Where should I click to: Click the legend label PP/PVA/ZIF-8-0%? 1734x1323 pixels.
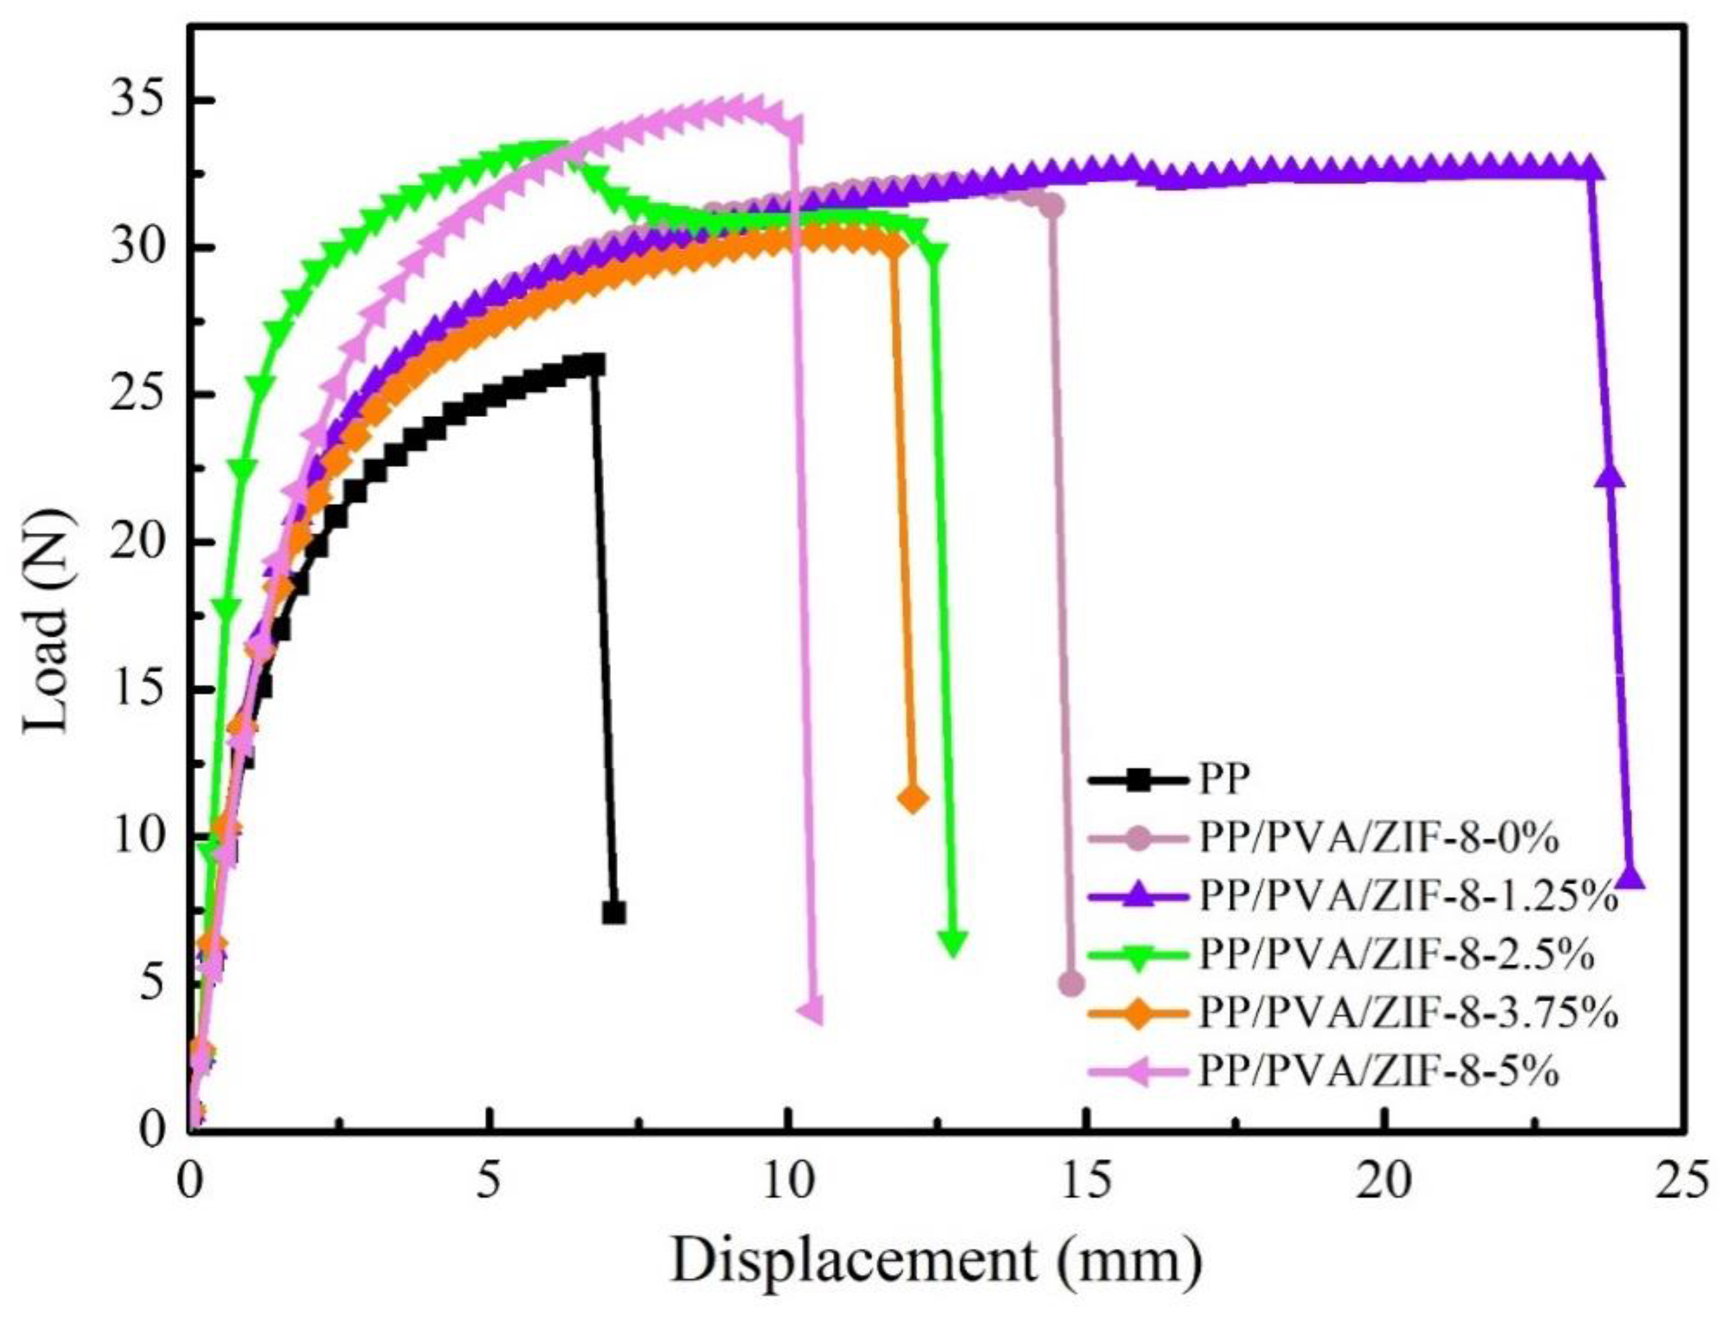tap(1379, 840)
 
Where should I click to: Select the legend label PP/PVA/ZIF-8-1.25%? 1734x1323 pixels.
tap(1409, 897)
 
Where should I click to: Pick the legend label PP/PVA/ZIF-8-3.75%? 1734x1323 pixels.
tap(1409, 1013)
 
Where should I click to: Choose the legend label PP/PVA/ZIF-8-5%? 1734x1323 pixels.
tap(1379, 1071)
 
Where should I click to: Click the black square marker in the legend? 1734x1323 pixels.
tap(1138, 781)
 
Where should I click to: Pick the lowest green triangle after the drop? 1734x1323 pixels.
tap(954, 943)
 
